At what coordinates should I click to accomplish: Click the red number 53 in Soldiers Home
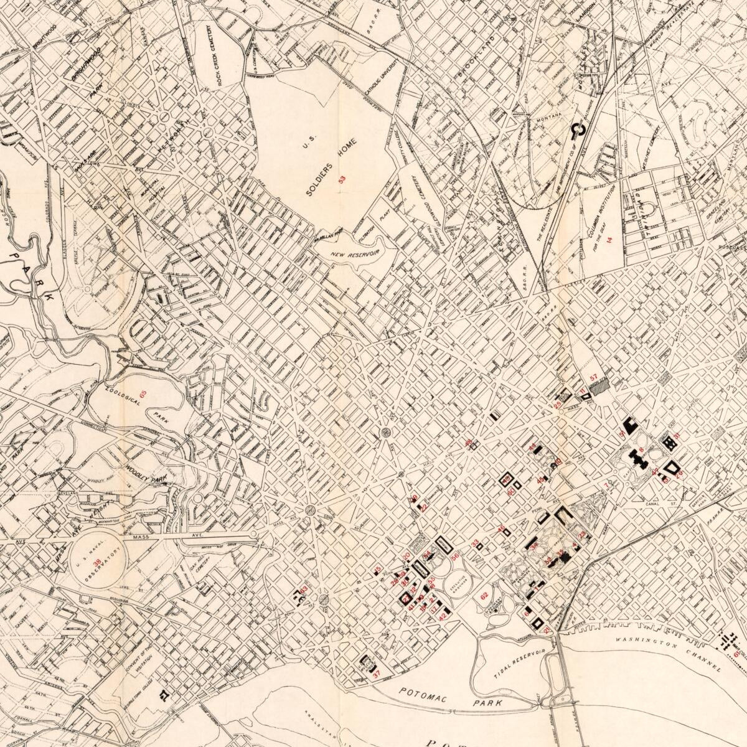point(341,181)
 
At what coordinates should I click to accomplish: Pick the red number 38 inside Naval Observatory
point(97,563)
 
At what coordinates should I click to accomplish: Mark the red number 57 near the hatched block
point(593,377)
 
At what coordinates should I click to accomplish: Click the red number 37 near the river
point(376,674)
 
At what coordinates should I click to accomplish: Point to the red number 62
point(484,596)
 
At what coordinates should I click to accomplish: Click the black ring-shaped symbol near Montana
point(577,130)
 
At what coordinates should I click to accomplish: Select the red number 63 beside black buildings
point(304,590)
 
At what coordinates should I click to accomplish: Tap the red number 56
point(455,557)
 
